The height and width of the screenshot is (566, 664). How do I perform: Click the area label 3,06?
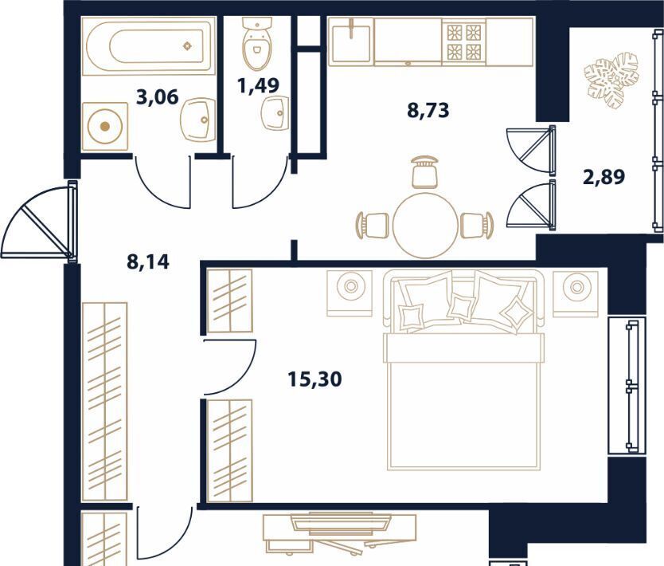(x=158, y=97)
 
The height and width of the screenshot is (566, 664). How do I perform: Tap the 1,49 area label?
(x=258, y=85)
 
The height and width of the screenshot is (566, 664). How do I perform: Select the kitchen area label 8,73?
(x=428, y=110)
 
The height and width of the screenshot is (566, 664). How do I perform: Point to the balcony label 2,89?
(x=603, y=177)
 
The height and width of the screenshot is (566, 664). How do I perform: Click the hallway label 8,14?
(x=148, y=261)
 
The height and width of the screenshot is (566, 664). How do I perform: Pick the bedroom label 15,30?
(x=314, y=379)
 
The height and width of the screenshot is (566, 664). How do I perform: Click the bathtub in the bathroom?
(x=149, y=45)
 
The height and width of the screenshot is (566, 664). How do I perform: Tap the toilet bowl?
(x=257, y=44)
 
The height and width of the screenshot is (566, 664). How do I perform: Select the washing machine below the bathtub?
(x=104, y=126)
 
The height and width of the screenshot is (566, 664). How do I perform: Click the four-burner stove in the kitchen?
(x=463, y=41)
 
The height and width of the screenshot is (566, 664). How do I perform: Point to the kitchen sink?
(x=351, y=41)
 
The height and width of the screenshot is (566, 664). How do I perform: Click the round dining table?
(x=427, y=225)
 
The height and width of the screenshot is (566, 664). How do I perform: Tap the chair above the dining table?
(x=424, y=171)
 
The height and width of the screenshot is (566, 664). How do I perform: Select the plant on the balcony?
(x=611, y=79)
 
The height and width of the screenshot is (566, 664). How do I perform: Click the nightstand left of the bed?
(x=350, y=293)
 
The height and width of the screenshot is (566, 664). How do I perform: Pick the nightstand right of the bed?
(x=576, y=294)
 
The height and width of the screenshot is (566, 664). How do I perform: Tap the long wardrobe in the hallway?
(x=104, y=401)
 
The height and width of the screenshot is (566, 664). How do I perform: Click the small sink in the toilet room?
(x=275, y=113)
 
